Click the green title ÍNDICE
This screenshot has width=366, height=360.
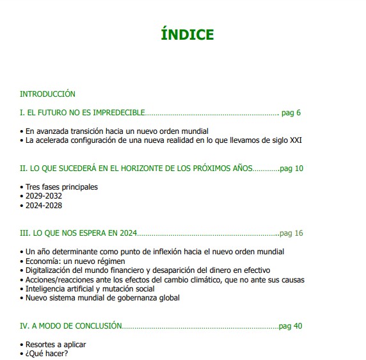click(x=187, y=35)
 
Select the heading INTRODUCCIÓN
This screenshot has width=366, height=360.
click(x=47, y=94)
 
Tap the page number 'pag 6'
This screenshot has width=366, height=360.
click(x=291, y=113)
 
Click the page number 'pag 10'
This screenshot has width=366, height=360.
click(x=292, y=168)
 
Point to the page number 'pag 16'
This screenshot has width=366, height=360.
click(x=291, y=233)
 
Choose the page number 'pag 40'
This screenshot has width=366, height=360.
click(x=290, y=326)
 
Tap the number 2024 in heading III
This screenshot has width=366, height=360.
click(x=126, y=233)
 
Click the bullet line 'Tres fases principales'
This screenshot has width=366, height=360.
click(x=61, y=187)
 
